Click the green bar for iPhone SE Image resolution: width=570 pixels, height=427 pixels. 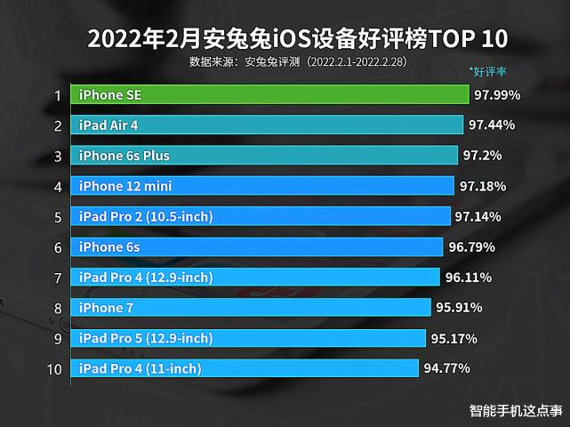click(x=270, y=94)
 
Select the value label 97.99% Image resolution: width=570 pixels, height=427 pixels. click(x=497, y=94)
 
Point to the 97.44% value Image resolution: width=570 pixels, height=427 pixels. click(x=491, y=125)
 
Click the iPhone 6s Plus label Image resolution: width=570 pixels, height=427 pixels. click(x=124, y=156)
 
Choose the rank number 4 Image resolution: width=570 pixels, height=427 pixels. click(x=57, y=187)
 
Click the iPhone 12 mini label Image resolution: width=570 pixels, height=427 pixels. click(x=124, y=186)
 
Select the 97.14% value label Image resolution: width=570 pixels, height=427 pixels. click(x=478, y=217)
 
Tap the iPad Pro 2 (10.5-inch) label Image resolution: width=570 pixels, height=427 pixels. click(x=146, y=217)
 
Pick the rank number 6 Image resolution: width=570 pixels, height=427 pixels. click(x=57, y=247)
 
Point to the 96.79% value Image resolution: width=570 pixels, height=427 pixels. click(x=471, y=247)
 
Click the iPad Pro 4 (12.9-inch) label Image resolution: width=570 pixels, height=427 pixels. click(x=146, y=278)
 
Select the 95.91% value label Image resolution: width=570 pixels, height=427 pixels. click(x=459, y=308)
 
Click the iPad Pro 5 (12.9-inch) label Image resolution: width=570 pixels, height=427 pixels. click(x=146, y=338)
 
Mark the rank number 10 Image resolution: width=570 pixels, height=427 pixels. click(x=54, y=368)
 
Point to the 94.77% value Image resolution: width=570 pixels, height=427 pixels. click(x=446, y=368)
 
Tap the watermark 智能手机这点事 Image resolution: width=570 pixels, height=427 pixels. click(x=517, y=411)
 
